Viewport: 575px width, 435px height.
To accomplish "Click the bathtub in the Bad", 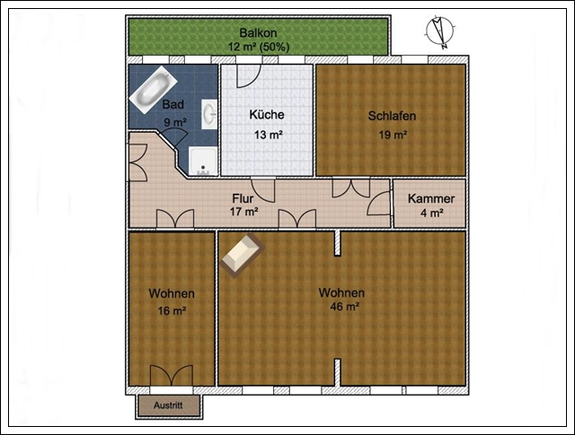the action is click(152, 90).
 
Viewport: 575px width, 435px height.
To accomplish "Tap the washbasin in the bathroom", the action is click(209, 114).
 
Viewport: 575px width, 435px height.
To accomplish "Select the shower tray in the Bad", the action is click(203, 161).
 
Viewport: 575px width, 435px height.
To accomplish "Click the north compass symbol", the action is click(440, 32).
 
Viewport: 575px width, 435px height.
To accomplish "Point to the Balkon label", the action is click(258, 33).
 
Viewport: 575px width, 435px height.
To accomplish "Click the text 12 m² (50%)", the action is click(259, 47).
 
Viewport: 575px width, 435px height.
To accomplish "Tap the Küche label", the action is click(267, 115).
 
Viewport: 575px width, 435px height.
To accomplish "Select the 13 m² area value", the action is click(269, 135).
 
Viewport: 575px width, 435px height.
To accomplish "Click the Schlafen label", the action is click(392, 116).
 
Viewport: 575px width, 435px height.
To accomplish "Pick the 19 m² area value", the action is click(393, 135).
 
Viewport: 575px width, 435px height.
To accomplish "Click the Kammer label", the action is click(431, 198).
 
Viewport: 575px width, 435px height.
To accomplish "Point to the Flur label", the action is click(243, 198).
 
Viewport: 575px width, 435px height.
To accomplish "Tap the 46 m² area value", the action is click(344, 306).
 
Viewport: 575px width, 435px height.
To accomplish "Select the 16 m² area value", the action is click(172, 311).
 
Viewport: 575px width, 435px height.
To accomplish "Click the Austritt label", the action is click(168, 405).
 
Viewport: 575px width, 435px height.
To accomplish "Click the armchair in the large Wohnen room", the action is click(243, 255).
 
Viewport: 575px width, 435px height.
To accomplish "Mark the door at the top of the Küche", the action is click(249, 76).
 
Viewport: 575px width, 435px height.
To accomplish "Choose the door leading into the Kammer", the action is click(379, 204).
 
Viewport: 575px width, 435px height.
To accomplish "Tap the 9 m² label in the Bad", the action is click(175, 122).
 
